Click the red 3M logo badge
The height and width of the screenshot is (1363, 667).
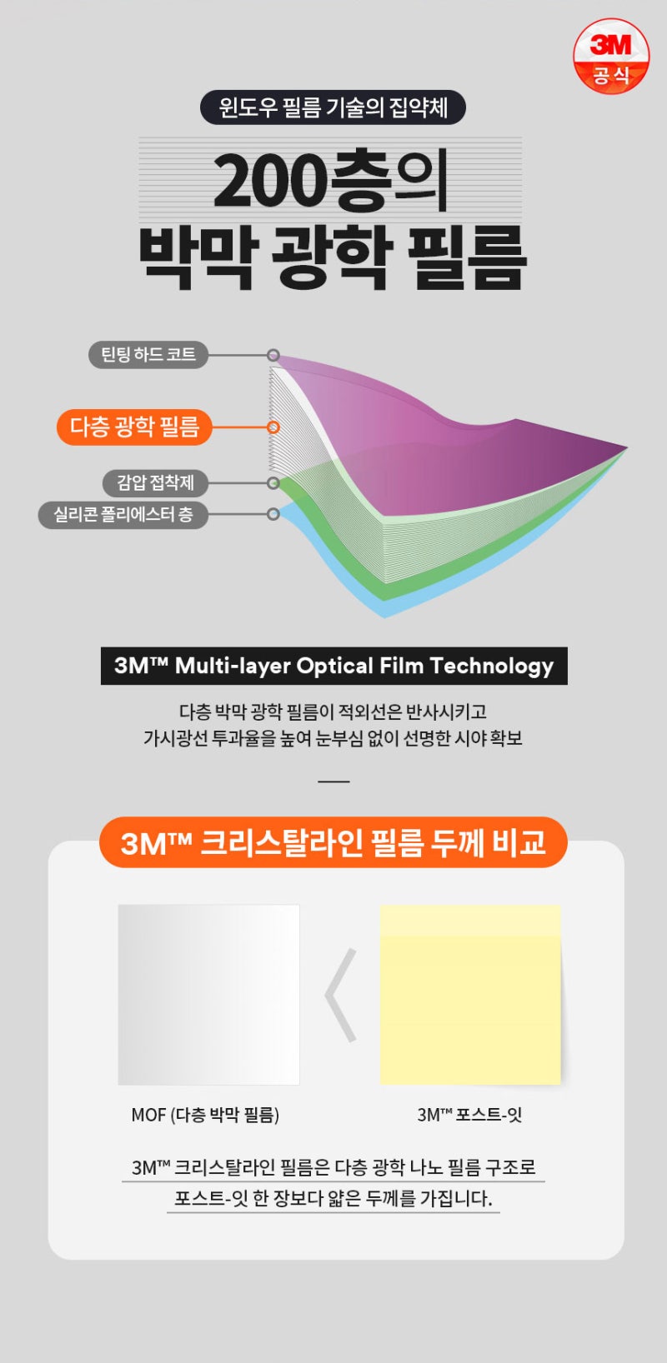[x=611, y=55]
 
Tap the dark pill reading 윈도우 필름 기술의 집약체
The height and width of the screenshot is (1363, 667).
[x=333, y=107]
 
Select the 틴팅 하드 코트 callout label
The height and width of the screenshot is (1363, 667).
[x=148, y=355]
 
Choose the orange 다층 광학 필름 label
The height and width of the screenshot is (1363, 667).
[x=134, y=427]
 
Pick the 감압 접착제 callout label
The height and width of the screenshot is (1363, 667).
[x=155, y=482]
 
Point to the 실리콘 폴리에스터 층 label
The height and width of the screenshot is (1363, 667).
[x=123, y=514]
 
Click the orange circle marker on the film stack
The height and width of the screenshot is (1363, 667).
[x=273, y=427]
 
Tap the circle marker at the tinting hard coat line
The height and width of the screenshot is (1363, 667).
[x=273, y=356]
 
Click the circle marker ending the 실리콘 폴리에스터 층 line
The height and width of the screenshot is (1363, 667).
[x=273, y=514]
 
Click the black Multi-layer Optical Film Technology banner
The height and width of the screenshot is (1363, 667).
[x=333, y=666]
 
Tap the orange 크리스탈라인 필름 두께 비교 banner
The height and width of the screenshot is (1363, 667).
[x=333, y=842]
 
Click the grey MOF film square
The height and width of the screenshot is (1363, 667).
[x=208, y=995]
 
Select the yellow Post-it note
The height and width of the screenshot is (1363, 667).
[x=470, y=995]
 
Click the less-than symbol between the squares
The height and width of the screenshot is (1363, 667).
[x=341, y=995]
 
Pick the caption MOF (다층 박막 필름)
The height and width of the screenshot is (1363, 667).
[x=205, y=1115]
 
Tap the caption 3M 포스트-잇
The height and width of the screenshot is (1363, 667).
[x=469, y=1115]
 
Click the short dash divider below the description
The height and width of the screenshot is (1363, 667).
[x=333, y=781]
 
